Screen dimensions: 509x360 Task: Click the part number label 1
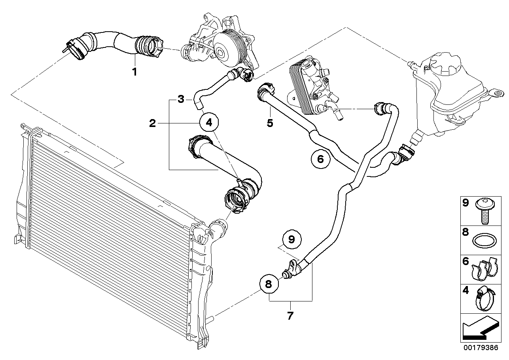135,72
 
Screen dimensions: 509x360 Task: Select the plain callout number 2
153,123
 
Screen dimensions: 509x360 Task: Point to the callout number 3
181,99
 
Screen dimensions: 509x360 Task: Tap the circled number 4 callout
209,123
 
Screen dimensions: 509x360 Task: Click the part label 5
270,123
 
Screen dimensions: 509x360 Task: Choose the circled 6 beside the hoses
320,159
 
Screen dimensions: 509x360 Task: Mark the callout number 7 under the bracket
290,316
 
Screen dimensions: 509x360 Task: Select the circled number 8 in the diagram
269,284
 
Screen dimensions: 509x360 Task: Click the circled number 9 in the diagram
292,239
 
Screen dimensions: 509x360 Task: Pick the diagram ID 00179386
481,354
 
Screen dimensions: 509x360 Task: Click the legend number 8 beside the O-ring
465,232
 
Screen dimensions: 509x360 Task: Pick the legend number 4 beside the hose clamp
465,290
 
